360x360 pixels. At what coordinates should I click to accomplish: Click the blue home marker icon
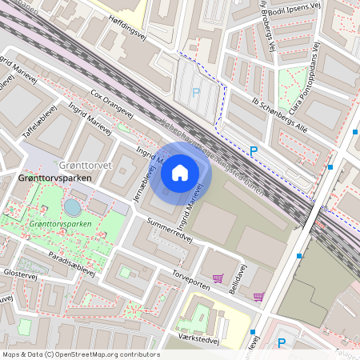(x=180, y=172)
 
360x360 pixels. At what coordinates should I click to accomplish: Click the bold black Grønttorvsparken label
(x=47, y=178)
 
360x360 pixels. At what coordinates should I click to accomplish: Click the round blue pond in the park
(x=72, y=207)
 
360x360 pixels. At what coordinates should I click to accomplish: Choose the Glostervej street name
(x=20, y=274)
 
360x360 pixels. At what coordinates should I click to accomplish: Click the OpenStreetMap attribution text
(x=81, y=354)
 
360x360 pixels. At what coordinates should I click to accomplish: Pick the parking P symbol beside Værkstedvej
(x=280, y=344)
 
